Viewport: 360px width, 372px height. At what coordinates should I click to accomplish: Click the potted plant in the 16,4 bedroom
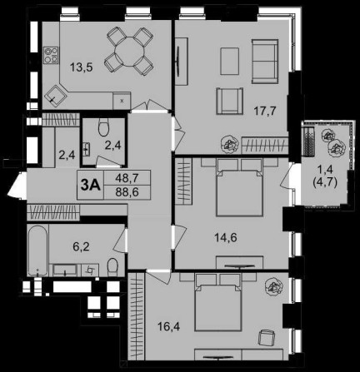coord(274,288)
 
